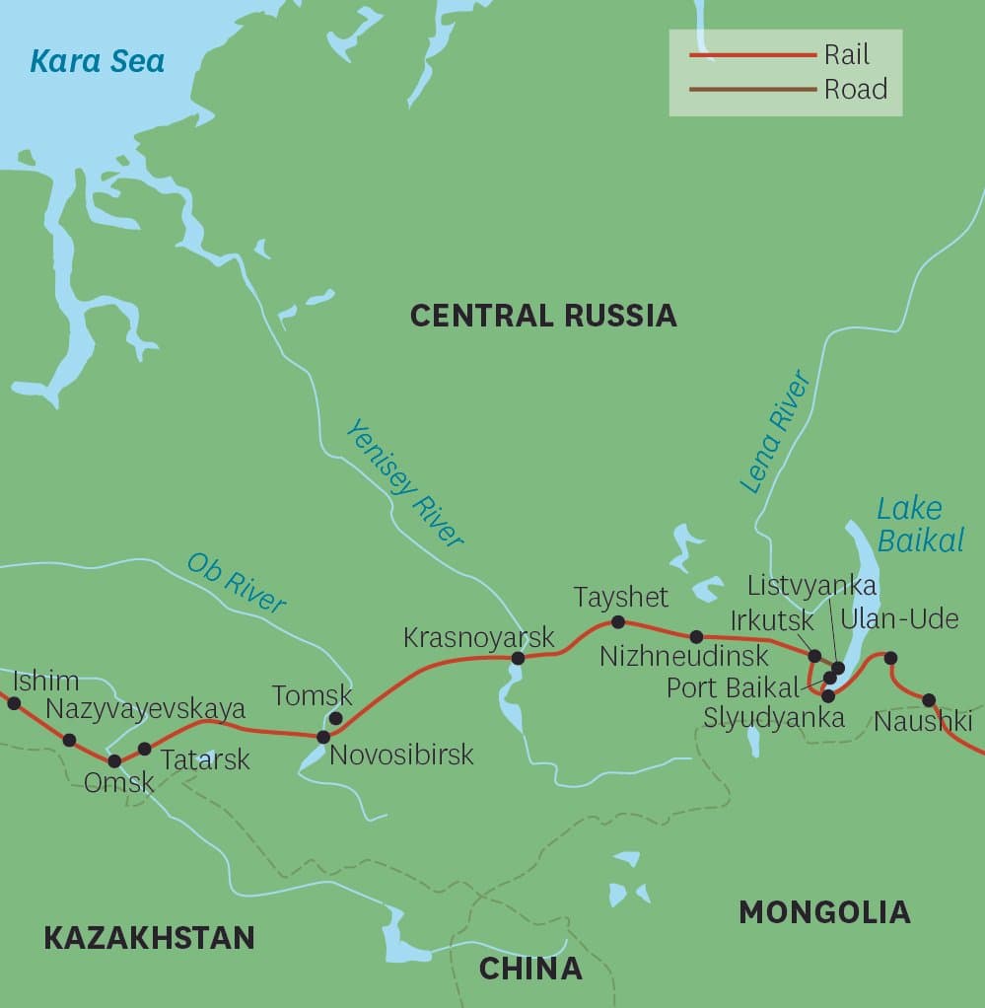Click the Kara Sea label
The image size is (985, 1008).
coord(97,61)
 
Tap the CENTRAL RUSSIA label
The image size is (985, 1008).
coord(543,316)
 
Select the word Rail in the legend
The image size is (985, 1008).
coord(847,55)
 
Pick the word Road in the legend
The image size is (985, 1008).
coord(855,90)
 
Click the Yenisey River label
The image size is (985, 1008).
coord(404,482)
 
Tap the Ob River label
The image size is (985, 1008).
coord(237,583)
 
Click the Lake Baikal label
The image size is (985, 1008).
coord(909,524)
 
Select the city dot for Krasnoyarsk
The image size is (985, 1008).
coord(518,658)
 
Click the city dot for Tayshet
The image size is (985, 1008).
coord(618,621)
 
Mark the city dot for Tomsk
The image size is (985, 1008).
coord(335,718)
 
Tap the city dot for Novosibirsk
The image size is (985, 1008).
coord(322,737)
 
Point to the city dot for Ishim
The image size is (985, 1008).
coord(14,703)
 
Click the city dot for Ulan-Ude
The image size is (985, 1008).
coord(890,658)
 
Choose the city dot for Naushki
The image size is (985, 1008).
coord(929,700)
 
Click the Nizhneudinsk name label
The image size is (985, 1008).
coord(683,656)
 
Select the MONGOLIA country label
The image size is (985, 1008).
coord(823,912)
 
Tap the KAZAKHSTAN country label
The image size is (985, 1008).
coord(149,937)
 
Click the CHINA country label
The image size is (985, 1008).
coord(530,969)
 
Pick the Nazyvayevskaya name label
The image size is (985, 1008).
coord(146,708)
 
